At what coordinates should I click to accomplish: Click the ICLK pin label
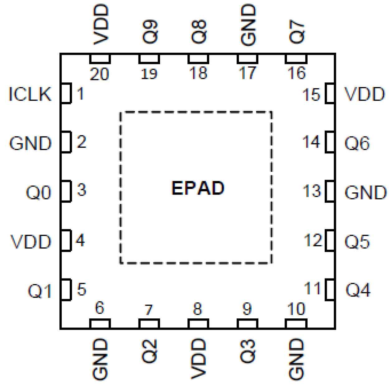[30, 94]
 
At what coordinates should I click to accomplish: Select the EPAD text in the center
[198, 188]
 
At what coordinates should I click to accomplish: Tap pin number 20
[99, 74]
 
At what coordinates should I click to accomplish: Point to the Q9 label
[150, 31]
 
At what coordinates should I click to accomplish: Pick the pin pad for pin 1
[66, 93]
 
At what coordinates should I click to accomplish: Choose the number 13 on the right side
[312, 191]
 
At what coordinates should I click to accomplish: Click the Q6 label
[357, 143]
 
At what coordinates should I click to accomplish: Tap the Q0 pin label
[38, 192]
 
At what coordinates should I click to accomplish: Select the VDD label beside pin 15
[364, 94]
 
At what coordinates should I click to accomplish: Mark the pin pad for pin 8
[198, 323]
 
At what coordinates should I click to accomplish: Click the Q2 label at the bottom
[150, 351]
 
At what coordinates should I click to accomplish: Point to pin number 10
[296, 309]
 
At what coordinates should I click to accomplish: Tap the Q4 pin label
[358, 290]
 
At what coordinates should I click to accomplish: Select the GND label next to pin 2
[30, 143]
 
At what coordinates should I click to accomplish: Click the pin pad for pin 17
[247, 59]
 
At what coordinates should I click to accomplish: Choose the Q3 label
[247, 351]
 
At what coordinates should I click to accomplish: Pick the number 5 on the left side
[81, 289]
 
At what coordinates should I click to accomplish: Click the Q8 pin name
[198, 31]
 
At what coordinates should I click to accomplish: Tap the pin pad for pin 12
[330, 240]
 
